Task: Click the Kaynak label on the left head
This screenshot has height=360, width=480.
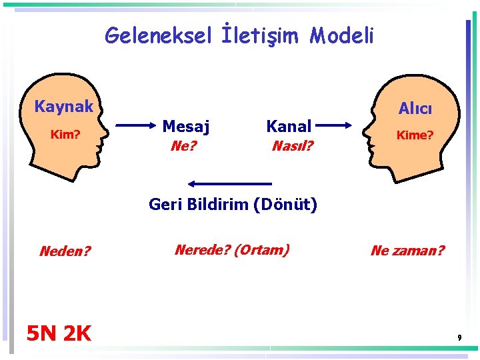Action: point(64,107)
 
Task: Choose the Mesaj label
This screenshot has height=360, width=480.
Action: point(186,125)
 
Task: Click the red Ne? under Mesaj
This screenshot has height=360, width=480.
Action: point(183,145)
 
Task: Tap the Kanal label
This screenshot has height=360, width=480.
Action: point(289,125)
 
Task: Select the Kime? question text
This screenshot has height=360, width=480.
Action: point(415,135)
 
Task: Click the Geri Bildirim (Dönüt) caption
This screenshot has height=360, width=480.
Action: point(233,204)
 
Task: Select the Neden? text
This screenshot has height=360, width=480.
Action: point(65,251)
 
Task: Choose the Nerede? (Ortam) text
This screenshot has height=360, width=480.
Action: point(231,250)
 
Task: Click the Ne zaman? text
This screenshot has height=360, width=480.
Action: point(407,251)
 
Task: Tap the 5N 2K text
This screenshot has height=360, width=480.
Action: point(59,333)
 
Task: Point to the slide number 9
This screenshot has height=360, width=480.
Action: point(459,339)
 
